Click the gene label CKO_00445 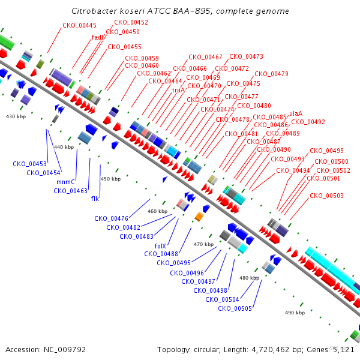click(79, 25)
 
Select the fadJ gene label click(97, 37)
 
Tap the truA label click(178, 90)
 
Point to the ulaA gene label click(296, 113)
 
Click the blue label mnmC click(65, 182)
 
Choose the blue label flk click(95, 199)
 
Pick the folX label click(160, 246)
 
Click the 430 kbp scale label click(16, 116)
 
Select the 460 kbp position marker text click(157, 211)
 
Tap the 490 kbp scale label click(295, 313)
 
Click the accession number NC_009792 click(65, 350)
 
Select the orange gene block click(199, 217)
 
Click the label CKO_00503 click(327, 196)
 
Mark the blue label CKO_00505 click(235, 308)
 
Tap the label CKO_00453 click(29, 164)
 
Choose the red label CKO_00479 click(272, 74)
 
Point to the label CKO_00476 click(112, 218)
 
